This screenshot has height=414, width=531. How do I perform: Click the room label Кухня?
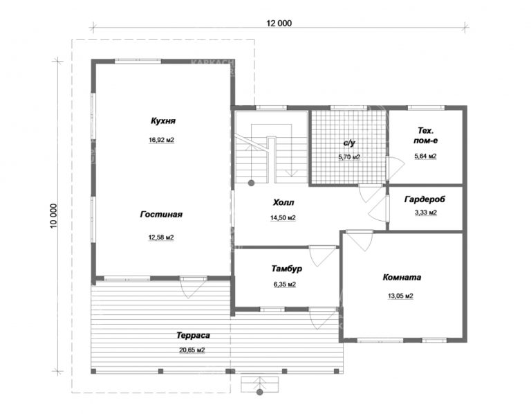163,121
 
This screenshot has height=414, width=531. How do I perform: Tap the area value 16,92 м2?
161,140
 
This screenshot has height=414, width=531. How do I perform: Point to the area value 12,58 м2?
160,237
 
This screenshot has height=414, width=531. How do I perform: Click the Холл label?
283,203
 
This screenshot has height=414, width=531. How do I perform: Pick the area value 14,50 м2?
283,218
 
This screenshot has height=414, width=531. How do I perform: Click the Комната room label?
402,278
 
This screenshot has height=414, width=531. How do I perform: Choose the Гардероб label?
425,199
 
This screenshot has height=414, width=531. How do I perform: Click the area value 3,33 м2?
425,213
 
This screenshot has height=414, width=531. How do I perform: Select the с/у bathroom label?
349,143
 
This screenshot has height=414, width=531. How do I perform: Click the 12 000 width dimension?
278,23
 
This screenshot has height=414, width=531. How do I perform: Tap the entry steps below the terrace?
260,384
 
